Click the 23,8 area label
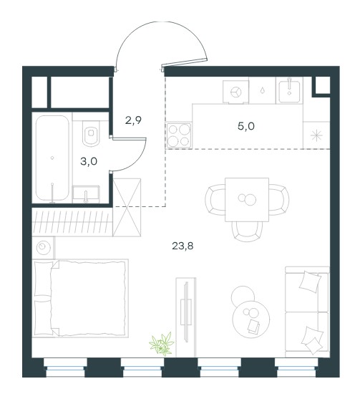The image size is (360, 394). tap(183, 246)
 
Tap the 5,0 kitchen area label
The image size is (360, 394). tap(246, 126)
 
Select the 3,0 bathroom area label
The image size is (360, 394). tap(89, 162)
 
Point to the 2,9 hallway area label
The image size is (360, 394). tap(133, 120)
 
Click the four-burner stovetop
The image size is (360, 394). tap(178, 135)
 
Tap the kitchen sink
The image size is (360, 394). tap(289, 90)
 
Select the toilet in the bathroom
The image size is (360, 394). tap(91, 133)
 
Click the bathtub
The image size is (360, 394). tap(52, 158)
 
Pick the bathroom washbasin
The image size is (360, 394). tap(86, 194)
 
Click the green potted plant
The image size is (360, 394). tap(162, 343)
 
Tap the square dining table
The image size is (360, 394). tap(247, 200)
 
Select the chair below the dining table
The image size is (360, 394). tap(247, 231)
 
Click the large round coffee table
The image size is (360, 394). tap(251, 319)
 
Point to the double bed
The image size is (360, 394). tap(80, 298)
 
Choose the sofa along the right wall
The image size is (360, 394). tap(307, 312)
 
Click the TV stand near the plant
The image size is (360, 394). tap(186, 317)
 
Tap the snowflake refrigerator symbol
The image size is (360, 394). tap(316, 135)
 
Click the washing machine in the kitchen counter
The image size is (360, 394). tap(235, 92)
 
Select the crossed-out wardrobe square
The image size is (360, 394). tap(127, 207)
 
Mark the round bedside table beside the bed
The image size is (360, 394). tap(43, 248)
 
